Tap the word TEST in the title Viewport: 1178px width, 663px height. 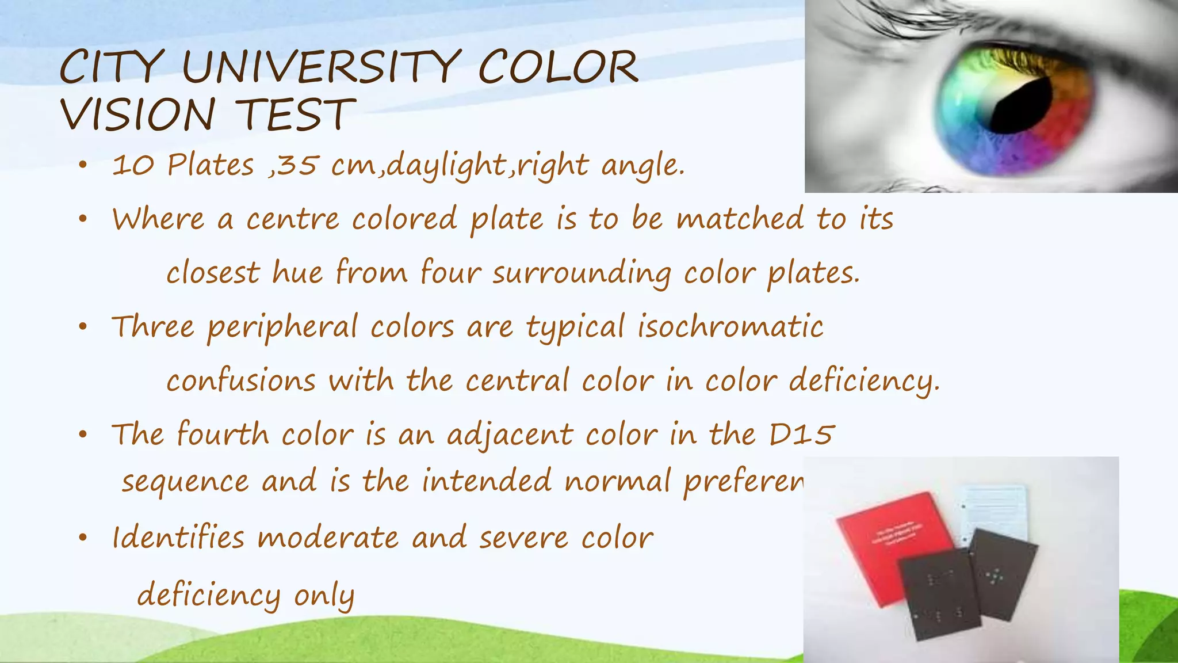coord(294,115)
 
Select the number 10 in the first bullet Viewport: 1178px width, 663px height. coord(133,166)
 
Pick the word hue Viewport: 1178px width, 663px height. coord(297,272)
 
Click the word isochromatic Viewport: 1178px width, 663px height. coord(730,327)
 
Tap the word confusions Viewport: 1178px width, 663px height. coord(241,381)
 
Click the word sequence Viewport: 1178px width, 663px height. coord(185,481)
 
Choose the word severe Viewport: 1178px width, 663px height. coord(524,538)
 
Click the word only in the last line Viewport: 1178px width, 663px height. coord(324,595)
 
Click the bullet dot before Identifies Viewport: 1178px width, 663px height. coord(83,538)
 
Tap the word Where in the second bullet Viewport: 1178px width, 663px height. coord(158,219)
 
